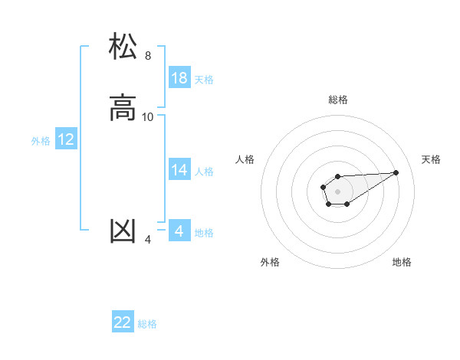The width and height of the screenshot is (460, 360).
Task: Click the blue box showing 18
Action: tap(179, 78)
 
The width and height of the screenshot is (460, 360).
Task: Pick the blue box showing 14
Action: tap(179, 170)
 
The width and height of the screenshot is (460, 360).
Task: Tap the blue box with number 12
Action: tap(66, 139)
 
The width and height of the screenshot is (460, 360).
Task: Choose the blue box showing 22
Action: tap(123, 322)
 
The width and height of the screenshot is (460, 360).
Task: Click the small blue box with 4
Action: tap(179, 231)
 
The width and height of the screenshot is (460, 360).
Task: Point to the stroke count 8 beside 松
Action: tap(148, 56)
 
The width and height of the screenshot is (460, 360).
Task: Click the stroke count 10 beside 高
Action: tap(148, 117)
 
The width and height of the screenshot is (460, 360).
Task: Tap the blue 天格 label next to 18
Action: tap(204, 80)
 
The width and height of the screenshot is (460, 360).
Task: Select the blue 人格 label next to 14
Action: tap(204, 172)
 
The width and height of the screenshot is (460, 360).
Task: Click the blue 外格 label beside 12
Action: tap(41, 141)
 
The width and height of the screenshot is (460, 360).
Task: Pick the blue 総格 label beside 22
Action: tap(147, 324)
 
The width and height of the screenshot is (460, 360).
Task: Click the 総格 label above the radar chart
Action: tap(338, 100)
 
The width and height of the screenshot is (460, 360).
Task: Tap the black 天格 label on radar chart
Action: tap(432, 159)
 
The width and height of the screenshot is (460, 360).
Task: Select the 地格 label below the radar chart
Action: tap(402, 262)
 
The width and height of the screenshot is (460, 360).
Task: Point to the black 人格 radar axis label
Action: tap(245, 159)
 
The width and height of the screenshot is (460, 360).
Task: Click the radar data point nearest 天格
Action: tap(396, 172)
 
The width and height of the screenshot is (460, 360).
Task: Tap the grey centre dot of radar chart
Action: tap(337, 191)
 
